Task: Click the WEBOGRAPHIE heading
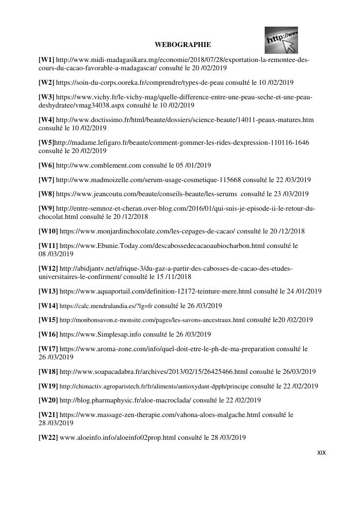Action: (182, 45)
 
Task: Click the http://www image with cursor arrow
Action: (281, 40)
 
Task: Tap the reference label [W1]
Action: (46, 60)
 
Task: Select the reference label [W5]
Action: (46, 142)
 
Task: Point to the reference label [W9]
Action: (46, 209)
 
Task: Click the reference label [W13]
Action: (48, 291)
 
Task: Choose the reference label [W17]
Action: (48, 349)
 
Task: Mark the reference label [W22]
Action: (48, 437)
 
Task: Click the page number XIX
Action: (321, 453)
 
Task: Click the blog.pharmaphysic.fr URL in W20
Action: (125, 400)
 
